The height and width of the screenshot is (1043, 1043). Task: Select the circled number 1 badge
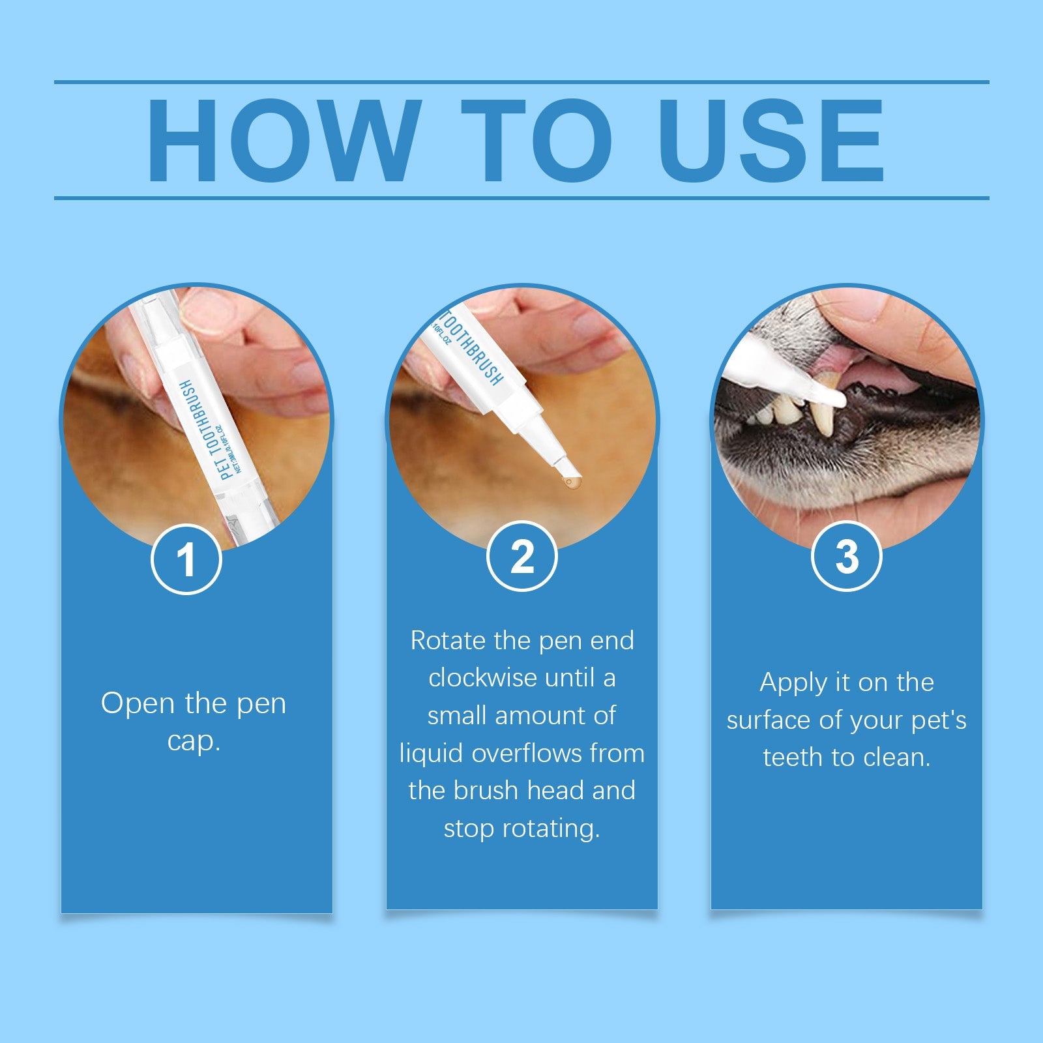(186, 559)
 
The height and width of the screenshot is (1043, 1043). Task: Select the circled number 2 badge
(522, 557)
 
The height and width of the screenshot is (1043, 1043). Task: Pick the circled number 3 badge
(846, 557)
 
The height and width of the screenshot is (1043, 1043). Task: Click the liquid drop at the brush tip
(572, 483)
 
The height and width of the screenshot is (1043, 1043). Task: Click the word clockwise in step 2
(484, 679)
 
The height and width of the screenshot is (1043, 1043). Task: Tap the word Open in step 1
(138, 703)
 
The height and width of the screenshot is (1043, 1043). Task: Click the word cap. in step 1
(194, 741)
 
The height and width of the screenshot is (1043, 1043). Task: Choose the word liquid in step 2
(432, 754)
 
